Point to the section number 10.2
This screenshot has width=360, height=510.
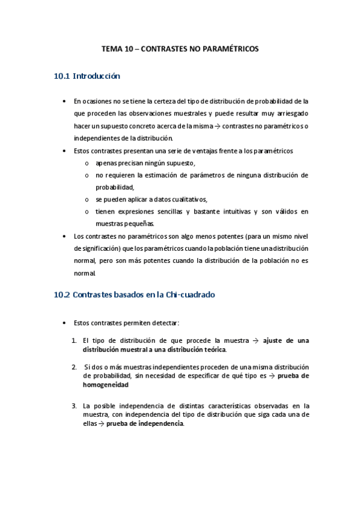[x=62, y=295]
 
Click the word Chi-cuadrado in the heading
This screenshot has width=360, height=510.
[x=190, y=295]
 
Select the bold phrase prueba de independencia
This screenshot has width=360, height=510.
[x=145, y=423]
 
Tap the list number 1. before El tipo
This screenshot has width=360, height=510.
[x=75, y=340]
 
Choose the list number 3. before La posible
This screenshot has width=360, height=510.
[x=75, y=405]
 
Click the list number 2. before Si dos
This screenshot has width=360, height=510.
[x=75, y=367]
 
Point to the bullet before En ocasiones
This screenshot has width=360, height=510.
[x=64, y=101]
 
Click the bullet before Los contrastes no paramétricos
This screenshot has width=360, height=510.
[x=64, y=236]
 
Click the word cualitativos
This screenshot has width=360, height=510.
[x=188, y=199]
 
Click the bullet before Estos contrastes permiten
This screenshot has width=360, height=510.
[x=64, y=323]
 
